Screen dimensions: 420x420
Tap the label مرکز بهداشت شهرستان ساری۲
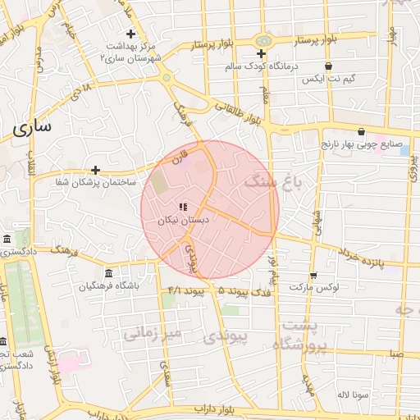131,52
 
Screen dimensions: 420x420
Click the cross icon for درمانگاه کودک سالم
261,53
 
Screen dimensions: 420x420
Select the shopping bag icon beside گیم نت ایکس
329,66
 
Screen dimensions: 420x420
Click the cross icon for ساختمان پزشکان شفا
96,171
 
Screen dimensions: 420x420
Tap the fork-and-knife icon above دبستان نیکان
182,208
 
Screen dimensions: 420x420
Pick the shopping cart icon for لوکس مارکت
313,276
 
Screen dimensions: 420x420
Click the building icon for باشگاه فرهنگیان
108,273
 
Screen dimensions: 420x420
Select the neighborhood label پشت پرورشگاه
304,336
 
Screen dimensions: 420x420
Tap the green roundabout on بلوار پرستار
262,41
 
